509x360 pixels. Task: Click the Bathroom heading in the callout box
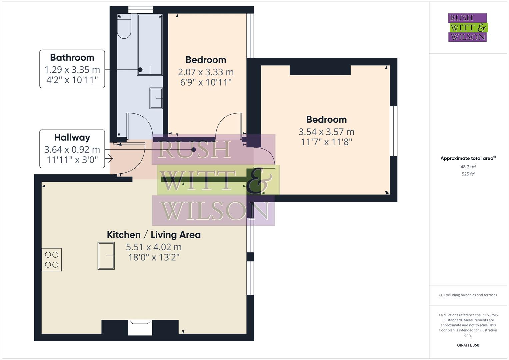pos(72,58)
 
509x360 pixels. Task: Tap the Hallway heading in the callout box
pos(72,137)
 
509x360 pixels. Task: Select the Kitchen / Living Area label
pos(154,235)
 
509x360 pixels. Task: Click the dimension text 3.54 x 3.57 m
pos(326,132)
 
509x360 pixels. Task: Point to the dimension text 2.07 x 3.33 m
pos(206,72)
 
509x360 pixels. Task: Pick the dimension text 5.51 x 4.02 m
pos(154,247)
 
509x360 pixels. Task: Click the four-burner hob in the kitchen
pos(52,260)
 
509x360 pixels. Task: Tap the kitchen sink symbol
pos(106,256)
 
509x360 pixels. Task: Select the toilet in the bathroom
pos(124,27)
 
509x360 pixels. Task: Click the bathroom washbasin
pos(156,98)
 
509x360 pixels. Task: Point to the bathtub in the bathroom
pos(150,45)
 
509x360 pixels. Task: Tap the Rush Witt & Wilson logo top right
pos(468,28)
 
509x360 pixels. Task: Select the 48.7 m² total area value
pos(468,167)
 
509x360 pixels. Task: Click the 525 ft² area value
pos(468,174)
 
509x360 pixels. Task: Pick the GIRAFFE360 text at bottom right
pos(468,345)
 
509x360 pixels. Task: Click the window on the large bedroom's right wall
pos(394,131)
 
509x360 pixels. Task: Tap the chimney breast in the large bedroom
pos(320,70)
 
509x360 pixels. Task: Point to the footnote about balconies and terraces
pos(468,295)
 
